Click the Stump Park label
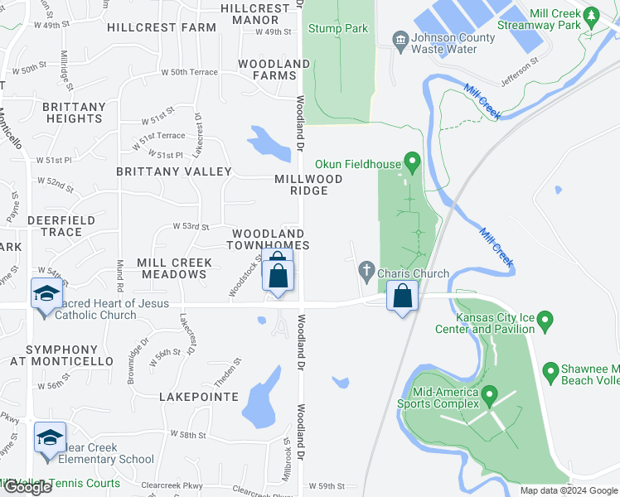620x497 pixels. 337,28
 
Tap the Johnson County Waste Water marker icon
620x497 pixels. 400,39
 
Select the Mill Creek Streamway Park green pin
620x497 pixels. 591,15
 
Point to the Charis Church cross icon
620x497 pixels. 366,269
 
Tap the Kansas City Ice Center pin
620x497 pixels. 545,320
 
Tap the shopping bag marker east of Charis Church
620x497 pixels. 402,297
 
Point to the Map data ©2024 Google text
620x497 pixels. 569,490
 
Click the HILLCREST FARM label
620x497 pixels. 162,27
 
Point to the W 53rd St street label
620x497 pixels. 191,226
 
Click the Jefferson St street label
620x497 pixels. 520,71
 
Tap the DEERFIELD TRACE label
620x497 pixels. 55,226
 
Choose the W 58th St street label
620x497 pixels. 188,434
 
